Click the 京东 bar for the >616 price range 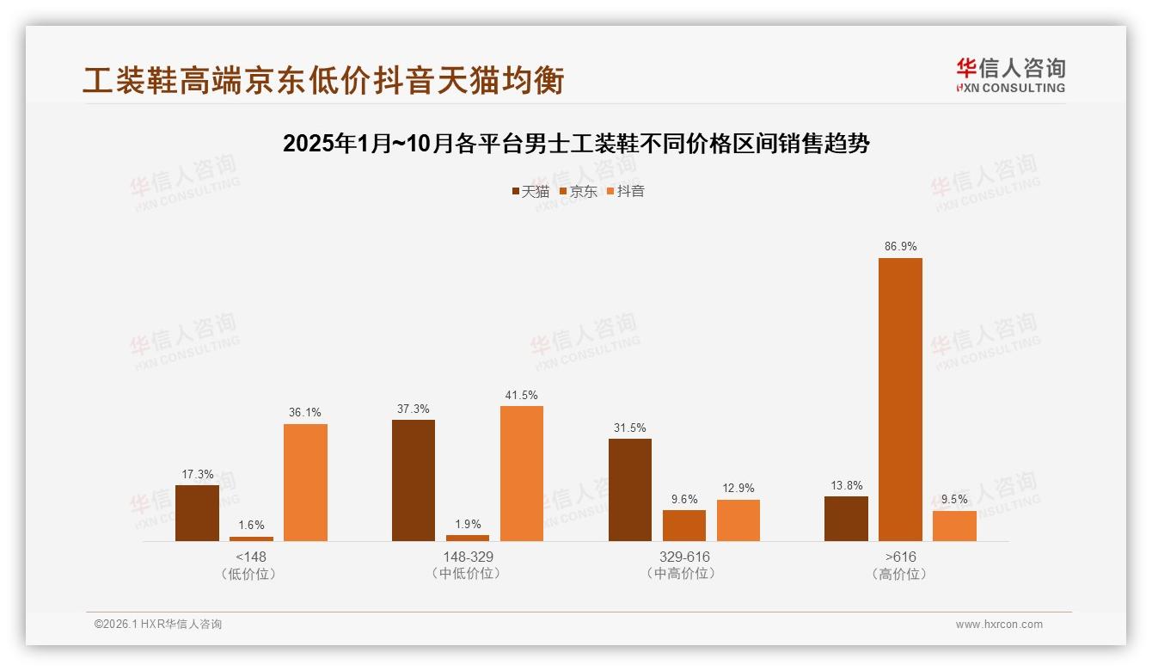(900, 399)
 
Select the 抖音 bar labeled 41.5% (522, 473)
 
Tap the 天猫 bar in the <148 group (197, 513)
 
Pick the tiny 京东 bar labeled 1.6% (251, 539)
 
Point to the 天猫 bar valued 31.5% (630, 489)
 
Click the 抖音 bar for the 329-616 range (738, 520)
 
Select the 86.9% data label (900, 247)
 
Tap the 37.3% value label (414, 409)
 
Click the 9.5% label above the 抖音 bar (954, 499)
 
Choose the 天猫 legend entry (531, 191)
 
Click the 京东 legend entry (579, 191)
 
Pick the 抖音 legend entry (626, 191)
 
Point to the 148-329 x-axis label (468, 557)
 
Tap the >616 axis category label (900, 557)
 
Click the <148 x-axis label (251, 557)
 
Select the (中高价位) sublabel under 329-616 (684, 574)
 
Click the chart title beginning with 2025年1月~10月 (576, 144)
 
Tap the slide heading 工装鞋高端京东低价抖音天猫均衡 (323, 81)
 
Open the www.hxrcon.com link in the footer (999, 625)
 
